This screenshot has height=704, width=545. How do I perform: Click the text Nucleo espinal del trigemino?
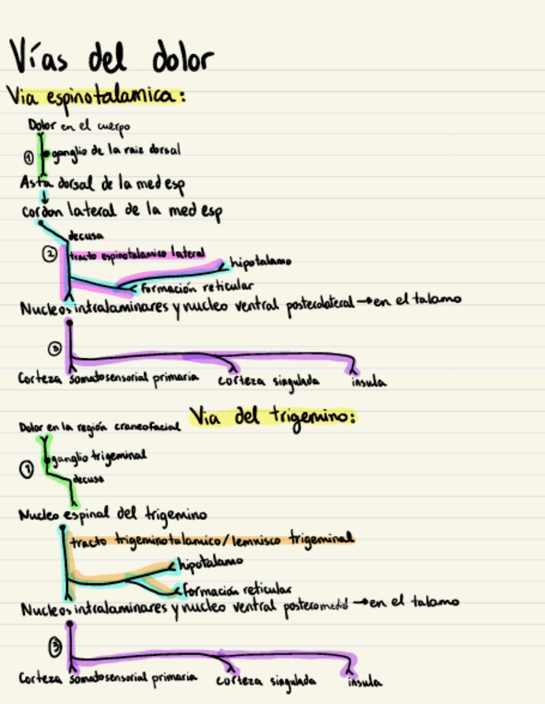point(112,513)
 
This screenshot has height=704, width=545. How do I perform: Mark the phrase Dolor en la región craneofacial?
point(99,428)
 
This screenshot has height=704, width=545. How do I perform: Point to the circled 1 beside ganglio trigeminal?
point(27,470)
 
